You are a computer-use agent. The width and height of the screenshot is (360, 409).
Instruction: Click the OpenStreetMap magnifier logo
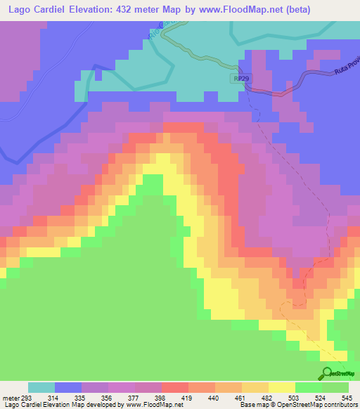(326, 373)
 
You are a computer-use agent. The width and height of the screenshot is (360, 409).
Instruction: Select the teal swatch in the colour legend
(41, 387)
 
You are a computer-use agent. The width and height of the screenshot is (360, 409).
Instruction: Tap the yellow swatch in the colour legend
(282, 387)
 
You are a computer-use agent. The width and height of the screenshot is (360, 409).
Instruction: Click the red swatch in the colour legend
(175, 387)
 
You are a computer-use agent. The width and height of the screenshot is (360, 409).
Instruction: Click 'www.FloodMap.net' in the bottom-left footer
(148, 405)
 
